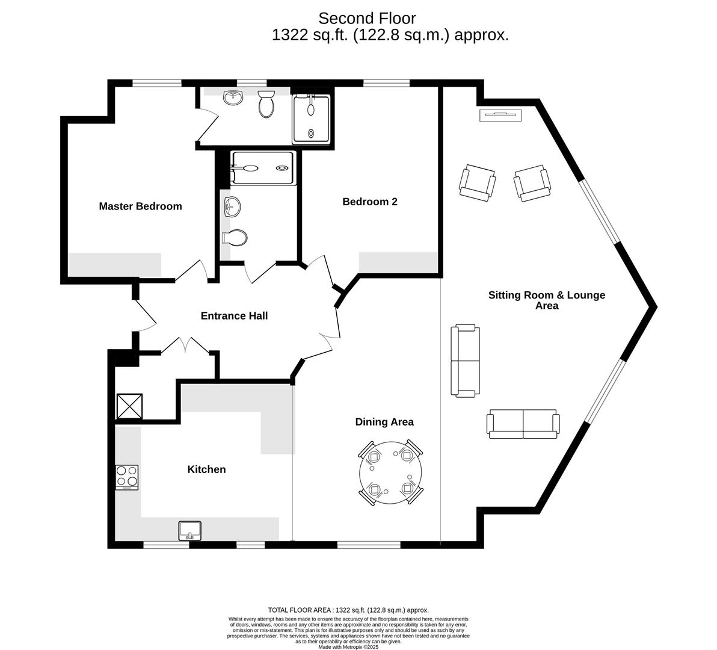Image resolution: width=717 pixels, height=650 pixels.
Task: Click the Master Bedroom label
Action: (140, 206)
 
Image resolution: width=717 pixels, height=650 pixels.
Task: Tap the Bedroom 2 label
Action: (369, 202)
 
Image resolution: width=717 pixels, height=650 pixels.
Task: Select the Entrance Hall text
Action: (234, 316)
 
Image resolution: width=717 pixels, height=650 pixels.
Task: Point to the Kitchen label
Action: (206, 469)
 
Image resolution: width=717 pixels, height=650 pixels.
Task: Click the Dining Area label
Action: (384, 422)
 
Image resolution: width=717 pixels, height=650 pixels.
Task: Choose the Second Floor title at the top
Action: (367, 19)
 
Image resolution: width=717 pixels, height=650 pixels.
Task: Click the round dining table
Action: (390, 473)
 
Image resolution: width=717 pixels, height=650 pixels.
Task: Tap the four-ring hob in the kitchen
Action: (127, 477)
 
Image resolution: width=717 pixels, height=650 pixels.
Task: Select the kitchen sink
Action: (191, 530)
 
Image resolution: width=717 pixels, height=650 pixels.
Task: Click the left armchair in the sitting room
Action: (478, 183)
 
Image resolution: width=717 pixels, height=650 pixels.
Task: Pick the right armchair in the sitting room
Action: (532, 183)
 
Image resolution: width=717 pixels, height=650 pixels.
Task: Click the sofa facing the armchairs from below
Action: (522, 423)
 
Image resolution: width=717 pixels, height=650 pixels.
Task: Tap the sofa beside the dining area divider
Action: (466, 361)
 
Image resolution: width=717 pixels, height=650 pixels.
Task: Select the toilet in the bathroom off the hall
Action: (235, 238)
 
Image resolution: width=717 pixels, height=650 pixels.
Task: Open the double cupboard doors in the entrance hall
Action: (186, 346)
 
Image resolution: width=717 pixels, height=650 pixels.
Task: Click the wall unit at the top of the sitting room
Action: (500, 115)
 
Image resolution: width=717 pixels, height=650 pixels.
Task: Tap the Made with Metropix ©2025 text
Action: (348, 647)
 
